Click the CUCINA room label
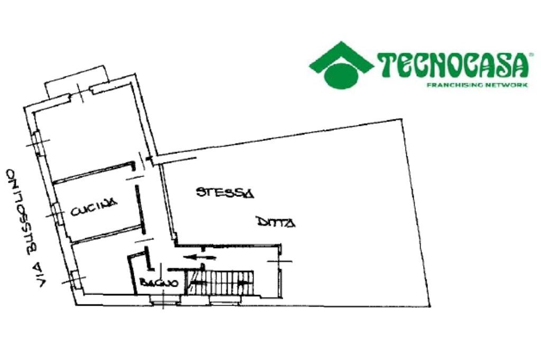click(x=93, y=210)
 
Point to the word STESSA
click(x=225, y=192)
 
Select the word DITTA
click(x=276, y=223)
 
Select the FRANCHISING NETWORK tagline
click(x=477, y=84)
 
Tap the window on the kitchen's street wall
click(x=55, y=211)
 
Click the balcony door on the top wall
click(x=80, y=93)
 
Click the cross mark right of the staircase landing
click(x=280, y=261)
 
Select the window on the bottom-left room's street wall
click(x=74, y=279)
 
